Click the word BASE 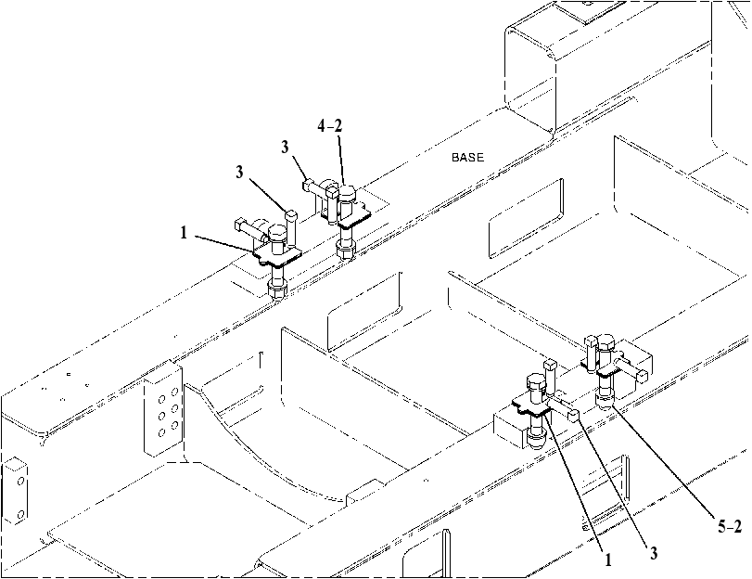click(x=467, y=157)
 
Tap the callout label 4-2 click(x=330, y=126)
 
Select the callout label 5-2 click(x=730, y=527)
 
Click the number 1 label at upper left click(x=184, y=233)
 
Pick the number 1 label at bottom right click(x=608, y=560)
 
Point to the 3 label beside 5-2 click(x=653, y=553)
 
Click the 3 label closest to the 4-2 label click(x=286, y=147)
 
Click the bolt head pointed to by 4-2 click(x=347, y=194)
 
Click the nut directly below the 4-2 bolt click(x=344, y=250)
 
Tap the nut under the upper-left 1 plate click(x=276, y=290)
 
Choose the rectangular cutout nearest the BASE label click(x=526, y=218)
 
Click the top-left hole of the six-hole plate click(x=162, y=398)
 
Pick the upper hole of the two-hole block click(x=20, y=481)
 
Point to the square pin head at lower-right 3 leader click(x=574, y=415)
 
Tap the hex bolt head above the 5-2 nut click(x=605, y=341)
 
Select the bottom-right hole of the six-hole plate click(x=174, y=425)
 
